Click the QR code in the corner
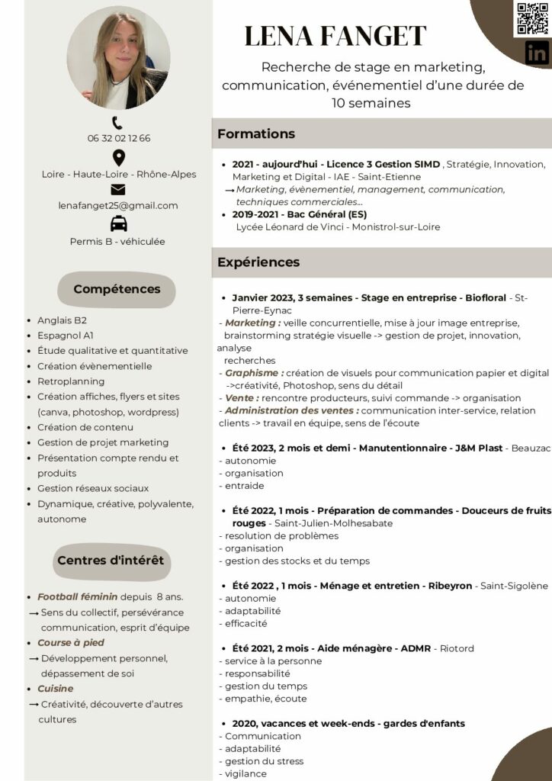pos(531,18)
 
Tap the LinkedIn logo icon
pos(537,53)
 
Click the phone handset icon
pos(117,122)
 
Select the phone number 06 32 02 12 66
pos(118,138)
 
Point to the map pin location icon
pos(118,158)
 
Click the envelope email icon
pos(118,190)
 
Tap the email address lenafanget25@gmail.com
pos(118,205)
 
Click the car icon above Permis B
pos(118,224)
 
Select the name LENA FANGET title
pos(335,36)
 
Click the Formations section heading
pos(256,134)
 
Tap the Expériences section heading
pos(258,262)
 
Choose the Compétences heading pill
pos(117,289)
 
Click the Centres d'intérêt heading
pos(111,561)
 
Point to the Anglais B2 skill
pos(62,320)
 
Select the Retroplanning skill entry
pos(71,381)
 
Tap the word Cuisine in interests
pos(56,689)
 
